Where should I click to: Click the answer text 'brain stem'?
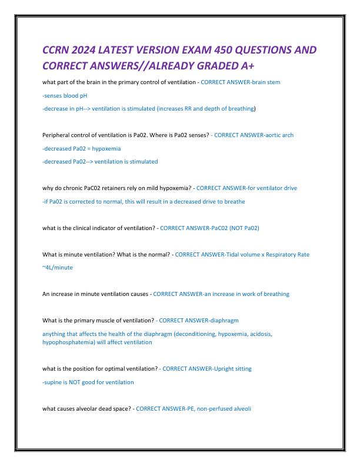(x=266, y=82)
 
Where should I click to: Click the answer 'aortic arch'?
(x=279, y=135)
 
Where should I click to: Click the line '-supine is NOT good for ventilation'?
(x=88, y=382)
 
